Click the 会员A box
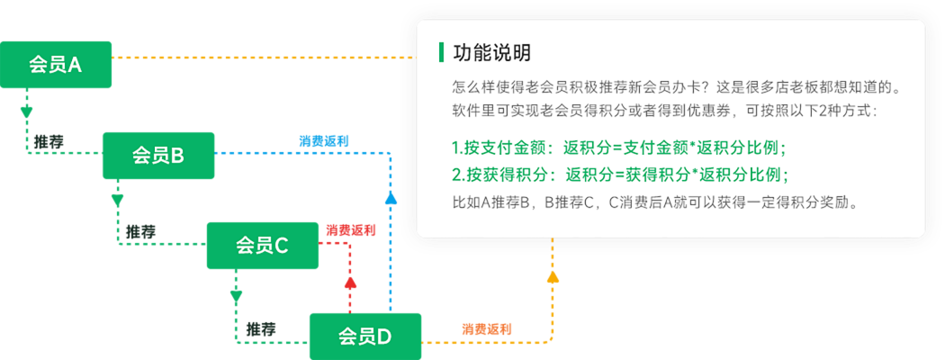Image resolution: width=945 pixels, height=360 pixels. tap(56, 65)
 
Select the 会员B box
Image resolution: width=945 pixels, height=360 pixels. tap(158, 155)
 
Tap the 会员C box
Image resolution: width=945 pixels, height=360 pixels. tap(262, 245)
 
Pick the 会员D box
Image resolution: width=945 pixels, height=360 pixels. tap(364, 336)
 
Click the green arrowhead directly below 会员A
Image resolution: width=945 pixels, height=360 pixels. tap(27, 114)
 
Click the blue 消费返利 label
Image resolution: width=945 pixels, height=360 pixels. tap(324, 141)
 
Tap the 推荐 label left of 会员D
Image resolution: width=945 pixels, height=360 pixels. tap(261, 328)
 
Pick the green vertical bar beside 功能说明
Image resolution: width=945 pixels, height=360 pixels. tap(441, 52)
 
